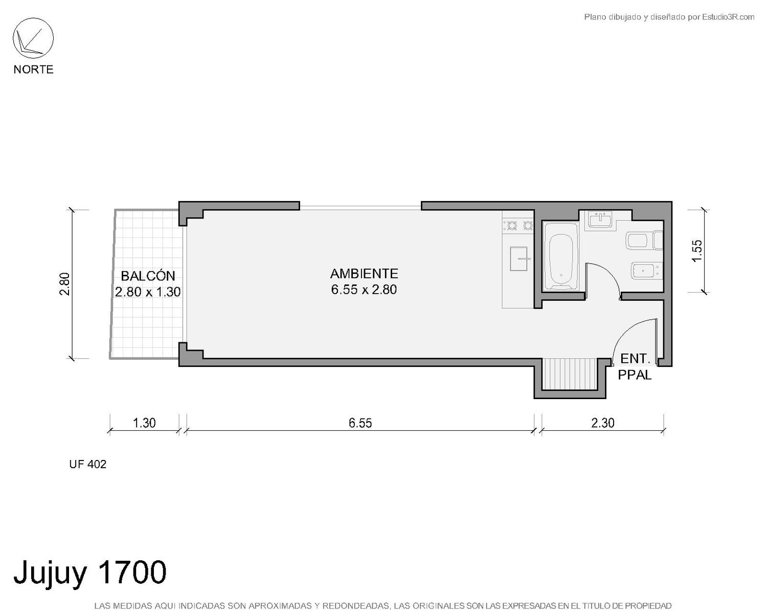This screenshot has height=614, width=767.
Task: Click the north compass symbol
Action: click(x=33, y=38)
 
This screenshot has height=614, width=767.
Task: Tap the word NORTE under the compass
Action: click(x=34, y=69)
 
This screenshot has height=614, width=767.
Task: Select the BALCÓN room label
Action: click(x=148, y=276)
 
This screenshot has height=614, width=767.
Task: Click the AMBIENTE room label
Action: click(x=364, y=274)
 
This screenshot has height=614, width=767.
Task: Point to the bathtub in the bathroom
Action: click(x=560, y=256)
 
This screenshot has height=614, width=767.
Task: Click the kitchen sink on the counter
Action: click(x=518, y=258)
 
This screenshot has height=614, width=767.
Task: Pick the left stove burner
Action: click(x=512, y=226)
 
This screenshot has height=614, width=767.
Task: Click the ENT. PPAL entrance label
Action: click(x=635, y=367)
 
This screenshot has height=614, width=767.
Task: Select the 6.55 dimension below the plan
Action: click(x=360, y=423)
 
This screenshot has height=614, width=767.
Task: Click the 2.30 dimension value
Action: click(x=603, y=423)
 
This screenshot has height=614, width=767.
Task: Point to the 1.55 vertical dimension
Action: click(x=697, y=251)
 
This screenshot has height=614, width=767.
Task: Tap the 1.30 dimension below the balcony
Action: click(x=144, y=423)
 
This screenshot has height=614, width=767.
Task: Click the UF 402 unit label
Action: click(x=87, y=464)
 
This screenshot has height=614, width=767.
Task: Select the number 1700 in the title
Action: click(x=131, y=572)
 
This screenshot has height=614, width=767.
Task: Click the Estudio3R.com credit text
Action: click(x=728, y=17)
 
